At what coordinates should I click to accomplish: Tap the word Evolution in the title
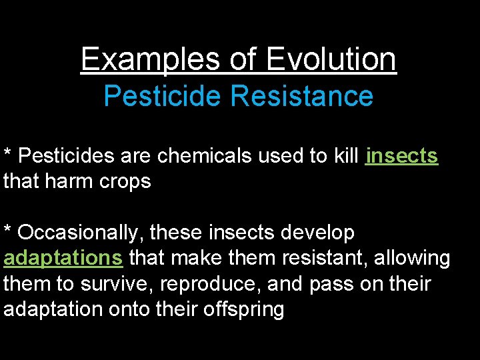pyautogui.click(x=331, y=59)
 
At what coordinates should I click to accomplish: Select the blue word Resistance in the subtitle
pyautogui.click(x=301, y=96)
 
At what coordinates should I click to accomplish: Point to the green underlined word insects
pyautogui.click(x=402, y=156)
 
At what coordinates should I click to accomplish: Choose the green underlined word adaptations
pyautogui.click(x=63, y=258)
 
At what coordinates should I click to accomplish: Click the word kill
pyautogui.click(x=347, y=156)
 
